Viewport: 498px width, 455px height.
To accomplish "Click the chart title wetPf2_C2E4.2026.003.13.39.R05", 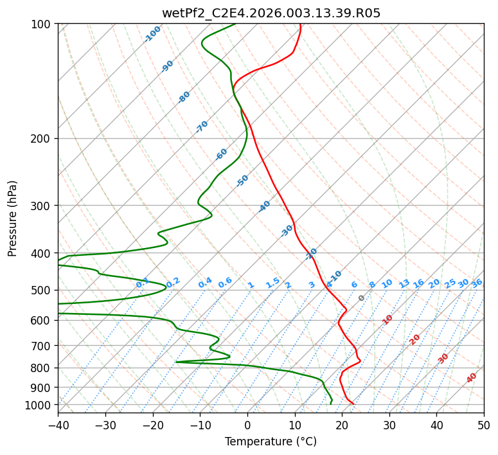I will (x=271, y=13).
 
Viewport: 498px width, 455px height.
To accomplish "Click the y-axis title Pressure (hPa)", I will (x=13, y=219).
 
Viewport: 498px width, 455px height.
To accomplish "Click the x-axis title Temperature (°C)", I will (x=271, y=442).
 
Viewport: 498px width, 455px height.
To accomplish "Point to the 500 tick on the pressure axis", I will (x=42, y=290).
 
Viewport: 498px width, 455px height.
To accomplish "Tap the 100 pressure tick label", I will (x=42, y=24).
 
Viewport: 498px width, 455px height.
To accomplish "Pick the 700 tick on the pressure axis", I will (x=42, y=346).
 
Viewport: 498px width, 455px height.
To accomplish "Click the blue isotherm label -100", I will (x=152, y=33).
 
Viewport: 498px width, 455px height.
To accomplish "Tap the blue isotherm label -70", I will (x=202, y=127).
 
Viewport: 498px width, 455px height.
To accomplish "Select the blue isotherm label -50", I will (x=242, y=181).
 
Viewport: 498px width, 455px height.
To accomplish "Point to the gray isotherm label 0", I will (x=361, y=298).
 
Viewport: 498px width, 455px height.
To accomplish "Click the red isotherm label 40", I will (x=472, y=377).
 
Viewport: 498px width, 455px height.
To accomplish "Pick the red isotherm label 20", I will (x=415, y=339).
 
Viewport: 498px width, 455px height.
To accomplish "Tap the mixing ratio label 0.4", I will (x=205, y=283).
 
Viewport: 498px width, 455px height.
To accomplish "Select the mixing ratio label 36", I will (x=477, y=283).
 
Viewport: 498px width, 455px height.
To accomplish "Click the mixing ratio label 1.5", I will (x=272, y=283).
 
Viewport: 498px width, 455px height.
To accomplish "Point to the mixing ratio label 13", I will (x=404, y=283).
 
